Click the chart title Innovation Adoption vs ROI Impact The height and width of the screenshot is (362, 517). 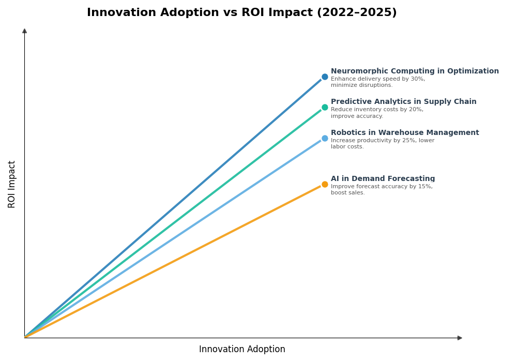[241, 13]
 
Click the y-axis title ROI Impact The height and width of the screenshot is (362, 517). [12, 184]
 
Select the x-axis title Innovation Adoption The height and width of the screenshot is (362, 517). [242, 350]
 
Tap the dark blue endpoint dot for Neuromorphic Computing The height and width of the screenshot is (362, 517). [325, 77]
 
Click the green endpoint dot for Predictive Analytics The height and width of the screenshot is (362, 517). [325, 108]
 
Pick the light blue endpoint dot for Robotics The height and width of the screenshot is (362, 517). [325, 138]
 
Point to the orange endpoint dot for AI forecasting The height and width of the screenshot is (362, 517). [325, 184]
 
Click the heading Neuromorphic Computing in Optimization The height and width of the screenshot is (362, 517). [415, 71]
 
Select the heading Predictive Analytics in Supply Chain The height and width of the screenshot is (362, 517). [403, 102]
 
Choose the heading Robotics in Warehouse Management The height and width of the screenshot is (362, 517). [405, 133]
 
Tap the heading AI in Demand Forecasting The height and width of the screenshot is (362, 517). [383, 179]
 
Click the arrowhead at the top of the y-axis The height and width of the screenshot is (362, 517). [24, 31]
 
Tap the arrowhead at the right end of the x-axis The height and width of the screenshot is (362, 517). [460, 338]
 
